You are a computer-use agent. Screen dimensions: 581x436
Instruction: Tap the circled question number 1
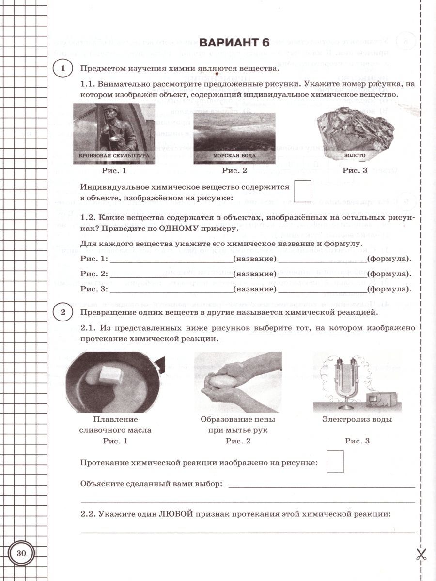tap(62, 69)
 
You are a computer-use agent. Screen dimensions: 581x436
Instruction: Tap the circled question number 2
tap(62, 313)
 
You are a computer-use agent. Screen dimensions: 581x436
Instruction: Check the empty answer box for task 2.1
tap(335, 461)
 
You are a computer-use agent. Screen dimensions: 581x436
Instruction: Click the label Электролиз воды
tap(357, 420)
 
